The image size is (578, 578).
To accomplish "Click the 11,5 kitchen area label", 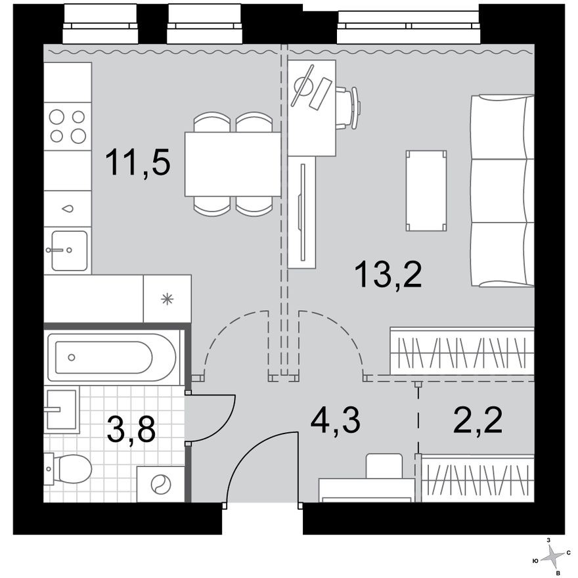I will pos(138,163).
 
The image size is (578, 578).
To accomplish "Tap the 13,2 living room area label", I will pos(388,274).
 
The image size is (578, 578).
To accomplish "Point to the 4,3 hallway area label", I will pos(336,421).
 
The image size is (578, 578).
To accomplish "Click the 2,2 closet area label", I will pos(478,421).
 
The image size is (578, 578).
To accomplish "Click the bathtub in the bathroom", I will pos(113,358).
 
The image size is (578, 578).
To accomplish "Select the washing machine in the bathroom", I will pos(160,485).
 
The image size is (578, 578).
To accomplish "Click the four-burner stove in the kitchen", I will pos(68,126).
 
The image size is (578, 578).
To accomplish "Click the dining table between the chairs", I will pos(233,164).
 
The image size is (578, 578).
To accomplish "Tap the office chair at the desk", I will pos(348,107).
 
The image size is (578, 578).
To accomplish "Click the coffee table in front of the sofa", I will pos(426,190).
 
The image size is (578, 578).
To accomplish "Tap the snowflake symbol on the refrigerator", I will pos(167,299).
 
